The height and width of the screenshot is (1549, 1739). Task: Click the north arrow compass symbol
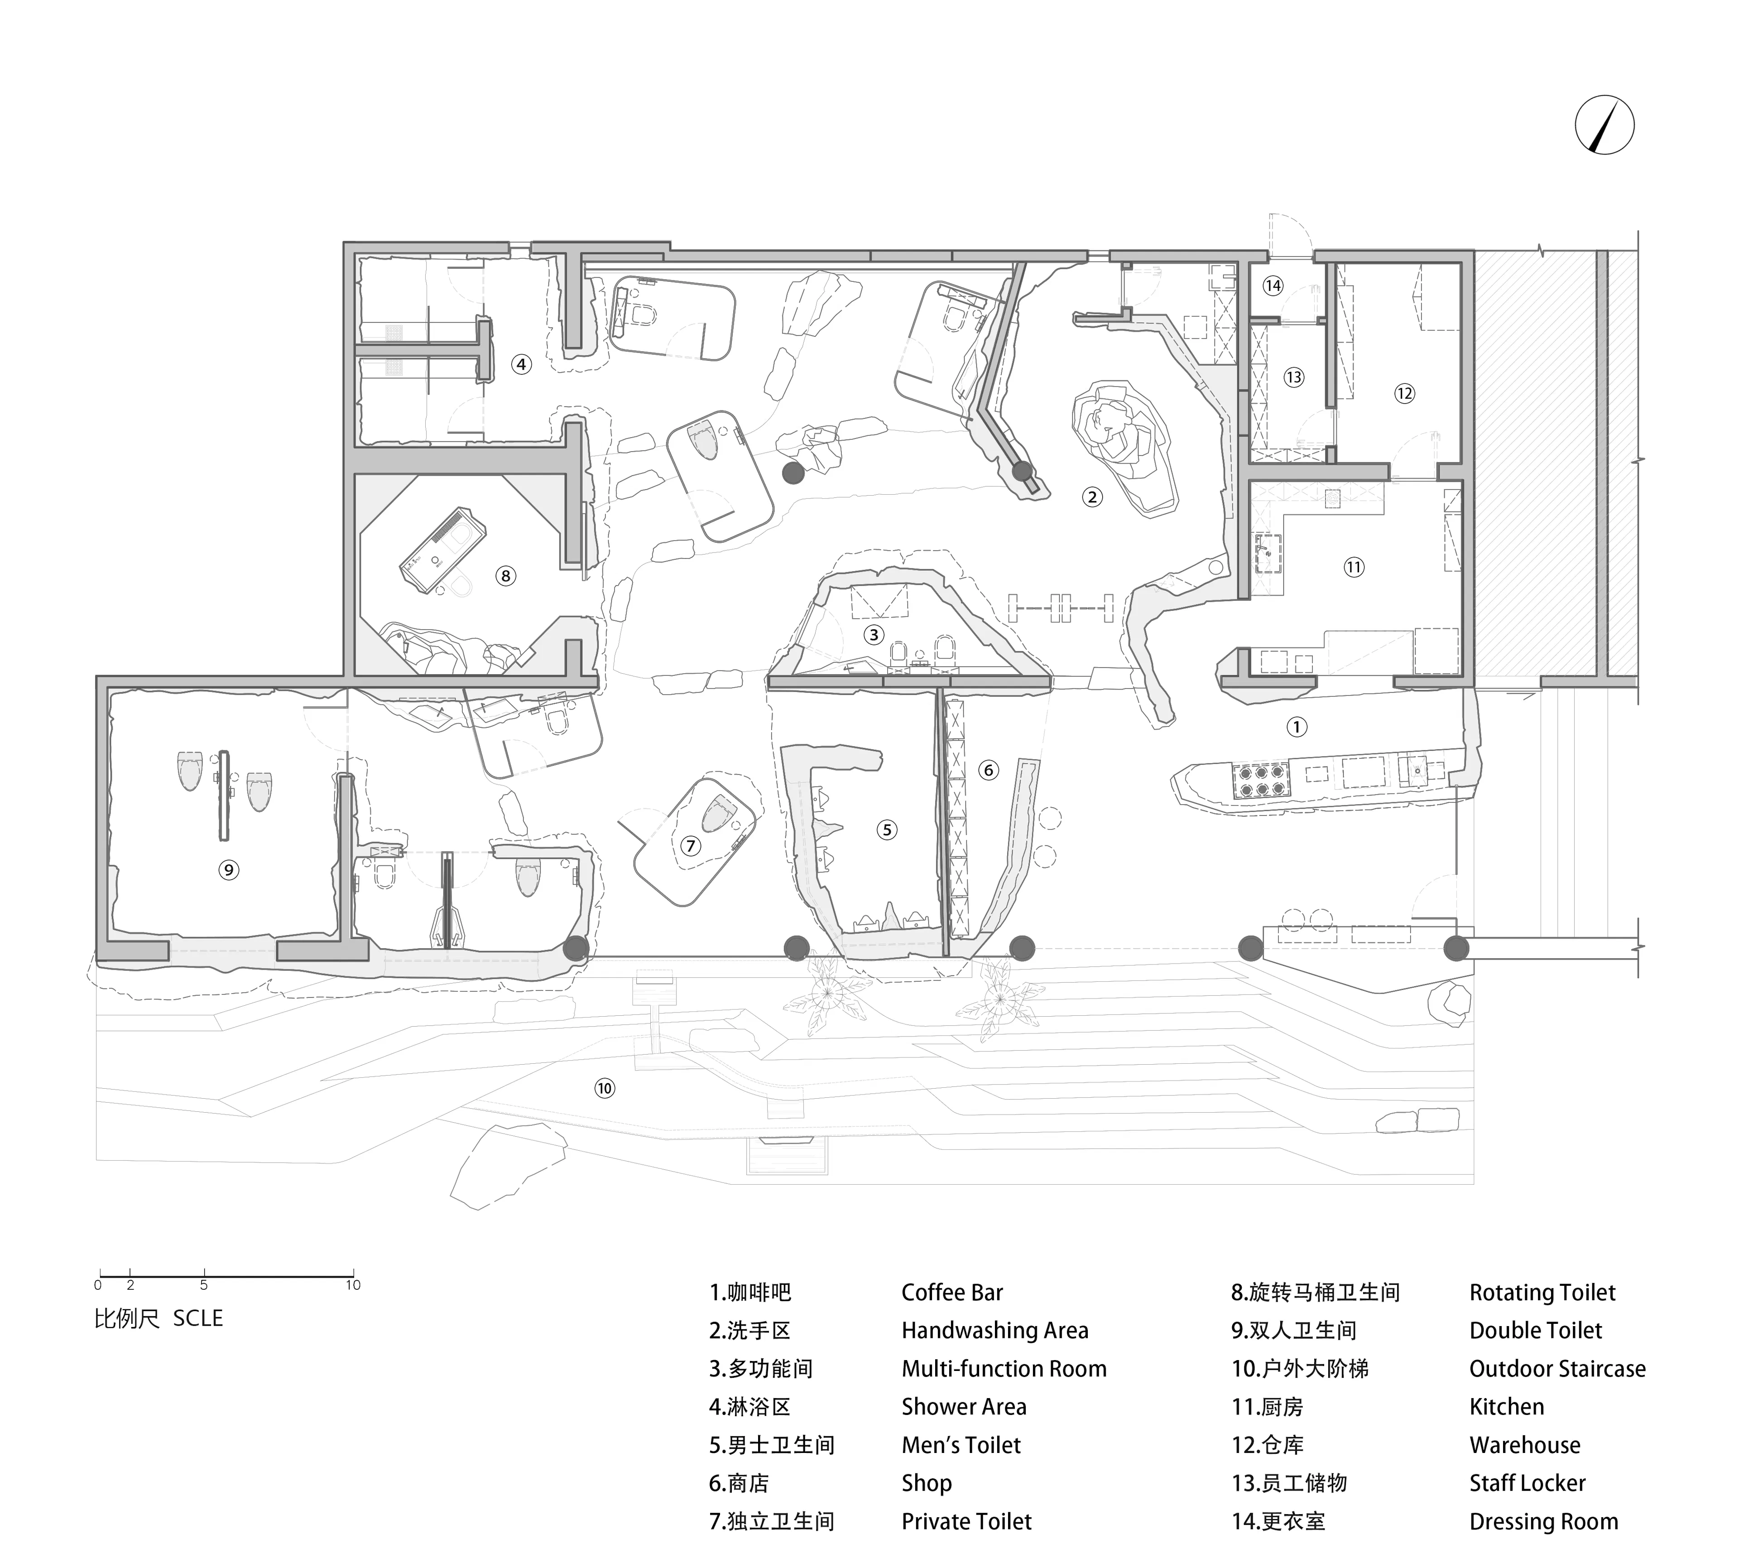pos(1604,124)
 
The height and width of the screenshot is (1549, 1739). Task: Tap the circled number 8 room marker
pos(505,576)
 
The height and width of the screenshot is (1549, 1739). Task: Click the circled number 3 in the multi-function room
pos(873,634)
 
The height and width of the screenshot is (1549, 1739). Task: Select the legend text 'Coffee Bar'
pos(952,1293)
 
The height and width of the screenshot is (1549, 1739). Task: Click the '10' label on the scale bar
pos(353,1285)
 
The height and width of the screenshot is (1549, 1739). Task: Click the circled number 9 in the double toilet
pos(228,870)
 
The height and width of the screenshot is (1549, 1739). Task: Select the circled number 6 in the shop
pos(988,770)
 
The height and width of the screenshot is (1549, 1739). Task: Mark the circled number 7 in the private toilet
pos(690,846)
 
